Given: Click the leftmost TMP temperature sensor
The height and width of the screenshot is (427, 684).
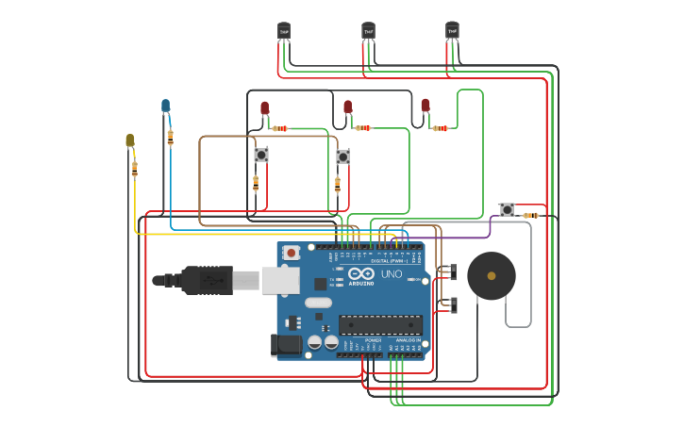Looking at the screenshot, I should [284, 32].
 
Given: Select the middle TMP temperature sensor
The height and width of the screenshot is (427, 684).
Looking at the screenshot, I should [368, 32].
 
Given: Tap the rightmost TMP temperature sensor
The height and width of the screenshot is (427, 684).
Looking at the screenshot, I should [452, 32].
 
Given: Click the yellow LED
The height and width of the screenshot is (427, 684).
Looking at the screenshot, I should [130, 141].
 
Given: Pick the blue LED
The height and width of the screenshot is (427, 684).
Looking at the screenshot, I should [166, 106].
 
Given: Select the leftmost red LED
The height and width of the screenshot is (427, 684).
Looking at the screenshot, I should [264, 108].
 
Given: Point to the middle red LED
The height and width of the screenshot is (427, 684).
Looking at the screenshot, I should [347, 107].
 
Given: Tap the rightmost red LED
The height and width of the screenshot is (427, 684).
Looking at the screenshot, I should [425, 106].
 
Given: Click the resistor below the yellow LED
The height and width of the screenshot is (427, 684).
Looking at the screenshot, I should [135, 169].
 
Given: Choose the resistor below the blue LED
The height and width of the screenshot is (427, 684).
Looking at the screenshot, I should [170, 138].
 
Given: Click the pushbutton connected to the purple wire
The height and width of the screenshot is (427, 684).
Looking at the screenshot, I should [507, 209].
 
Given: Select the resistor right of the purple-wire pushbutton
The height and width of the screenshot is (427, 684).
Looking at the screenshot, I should [531, 216].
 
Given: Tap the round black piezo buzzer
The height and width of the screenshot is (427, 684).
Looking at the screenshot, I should [491, 275].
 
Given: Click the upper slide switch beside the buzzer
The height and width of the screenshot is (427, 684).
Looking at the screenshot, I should [452, 272].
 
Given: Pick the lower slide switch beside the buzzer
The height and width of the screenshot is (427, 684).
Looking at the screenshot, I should [452, 304].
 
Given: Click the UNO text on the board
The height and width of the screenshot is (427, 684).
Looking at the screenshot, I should [391, 274].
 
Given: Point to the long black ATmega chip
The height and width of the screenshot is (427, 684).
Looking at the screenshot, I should [380, 324].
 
